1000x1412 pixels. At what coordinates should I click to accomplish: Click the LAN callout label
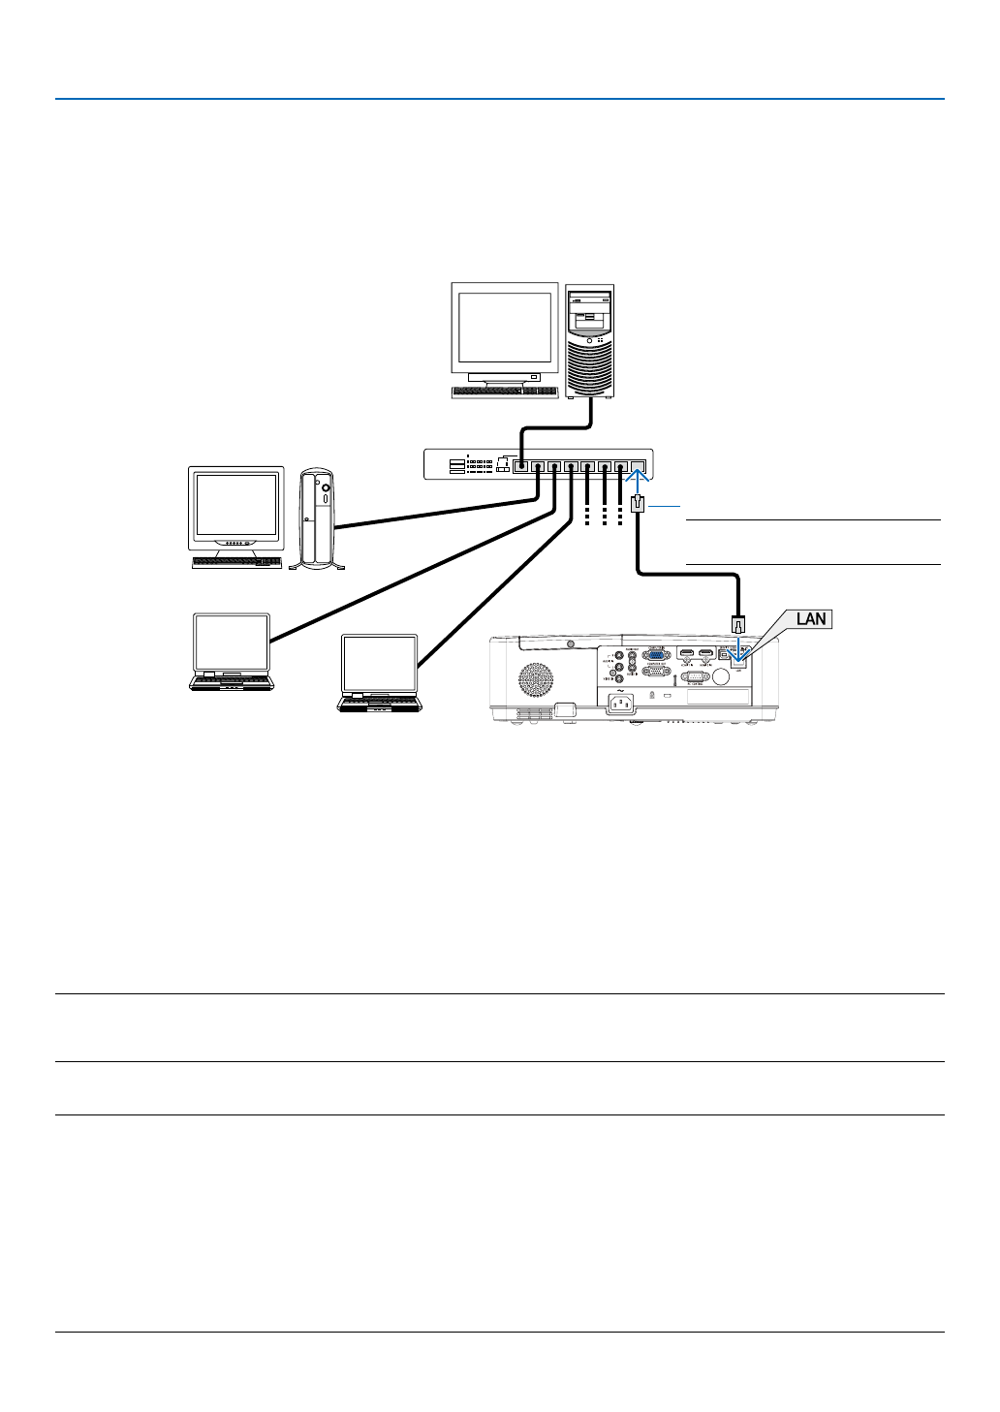[x=811, y=618]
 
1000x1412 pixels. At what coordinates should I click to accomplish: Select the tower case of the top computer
[x=590, y=340]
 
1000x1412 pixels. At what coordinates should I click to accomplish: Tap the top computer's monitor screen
[x=504, y=328]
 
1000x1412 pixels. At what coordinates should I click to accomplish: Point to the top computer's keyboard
[x=504, y=392]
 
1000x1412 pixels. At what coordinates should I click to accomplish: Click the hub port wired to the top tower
[x=522, y=465]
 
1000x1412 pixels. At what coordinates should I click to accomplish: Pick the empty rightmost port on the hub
[x=638, y=466]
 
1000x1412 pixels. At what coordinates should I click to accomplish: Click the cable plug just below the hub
[x=638, y=504]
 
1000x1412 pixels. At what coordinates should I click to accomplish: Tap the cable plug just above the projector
[x=738, y=622]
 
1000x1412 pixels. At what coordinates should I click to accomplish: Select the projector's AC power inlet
[x=621, y=705]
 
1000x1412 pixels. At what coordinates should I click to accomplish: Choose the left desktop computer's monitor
[x=236, y=508]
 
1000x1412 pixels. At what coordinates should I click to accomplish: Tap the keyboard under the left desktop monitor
[x=236, y=562]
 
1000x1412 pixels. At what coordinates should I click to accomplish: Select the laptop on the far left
[x=232, y=651]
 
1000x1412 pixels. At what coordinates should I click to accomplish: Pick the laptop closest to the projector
[x=379, y=674]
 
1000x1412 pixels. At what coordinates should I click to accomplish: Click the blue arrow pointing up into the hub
[x=638, y=477]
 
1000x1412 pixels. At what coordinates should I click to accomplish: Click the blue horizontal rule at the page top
[x=499, y=99]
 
